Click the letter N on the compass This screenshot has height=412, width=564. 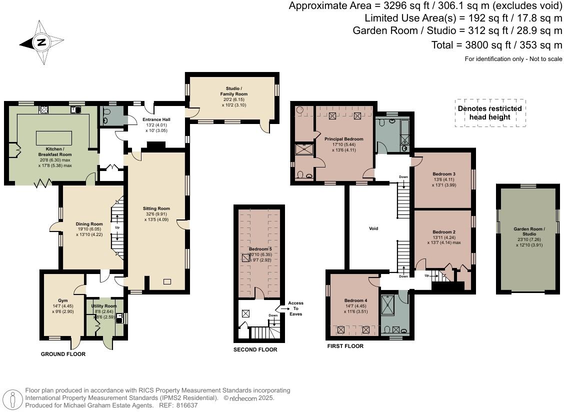[x=41, y=42]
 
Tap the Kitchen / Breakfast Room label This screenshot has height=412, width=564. [x=55, y=152]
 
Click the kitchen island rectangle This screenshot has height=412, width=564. [x=54, y=138]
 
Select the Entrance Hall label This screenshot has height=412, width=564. [x=156, y=119]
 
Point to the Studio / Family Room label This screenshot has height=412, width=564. [x=234, y=91]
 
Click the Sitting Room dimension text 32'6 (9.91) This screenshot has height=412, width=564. [x=156, y=213]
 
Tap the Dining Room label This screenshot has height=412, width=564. [x=89, y=224]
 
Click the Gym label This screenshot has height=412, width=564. [x=63, y=300]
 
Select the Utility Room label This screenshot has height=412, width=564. [x=104, y=306]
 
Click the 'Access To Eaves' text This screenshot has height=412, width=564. [x=295, y=308]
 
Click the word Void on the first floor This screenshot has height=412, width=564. [x=373, y=228]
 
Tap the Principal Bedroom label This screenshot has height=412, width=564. [x=344, y=139]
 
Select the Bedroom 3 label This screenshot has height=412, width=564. [x=444, y=174]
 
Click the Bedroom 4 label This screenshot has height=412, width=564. [x=355, y=300]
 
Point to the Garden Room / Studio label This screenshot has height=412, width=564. [x=529, y=231]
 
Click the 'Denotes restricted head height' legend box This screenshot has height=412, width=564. [x=490, y=113]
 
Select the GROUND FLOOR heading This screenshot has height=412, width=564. [x=63, y=354]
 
